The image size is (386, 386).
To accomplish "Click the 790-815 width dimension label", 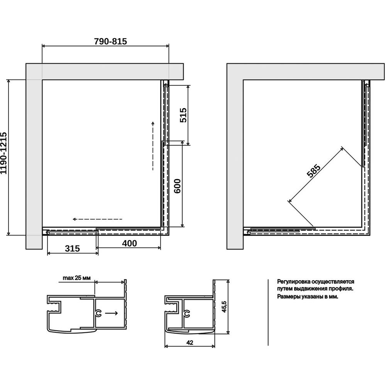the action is [110, 41].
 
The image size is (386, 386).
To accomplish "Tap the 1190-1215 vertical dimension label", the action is [4, 153].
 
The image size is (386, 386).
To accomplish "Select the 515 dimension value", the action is [183, 115].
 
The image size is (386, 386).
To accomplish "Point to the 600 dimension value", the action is [177, 186].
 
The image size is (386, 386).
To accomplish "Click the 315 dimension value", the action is [73, 248].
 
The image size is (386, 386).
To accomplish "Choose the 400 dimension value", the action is [129, 243].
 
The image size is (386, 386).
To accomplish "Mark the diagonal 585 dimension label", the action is [313, 171].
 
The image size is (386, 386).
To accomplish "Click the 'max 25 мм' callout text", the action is [76, 278].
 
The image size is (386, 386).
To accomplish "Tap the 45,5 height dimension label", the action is [224, 306].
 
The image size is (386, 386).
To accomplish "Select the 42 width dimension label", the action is [190, 342].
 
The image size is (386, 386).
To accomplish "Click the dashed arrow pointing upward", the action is [153, 146].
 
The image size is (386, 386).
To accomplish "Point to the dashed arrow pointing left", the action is [97, 219].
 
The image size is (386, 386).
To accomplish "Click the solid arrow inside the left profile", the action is [112, 313].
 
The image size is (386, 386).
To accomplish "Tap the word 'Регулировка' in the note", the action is [294, 282].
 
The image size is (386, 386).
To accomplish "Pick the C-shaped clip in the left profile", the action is [98, 313].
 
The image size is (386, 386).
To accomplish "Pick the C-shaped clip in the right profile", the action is [187, 313].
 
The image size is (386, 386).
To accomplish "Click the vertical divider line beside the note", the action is [268, 312].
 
